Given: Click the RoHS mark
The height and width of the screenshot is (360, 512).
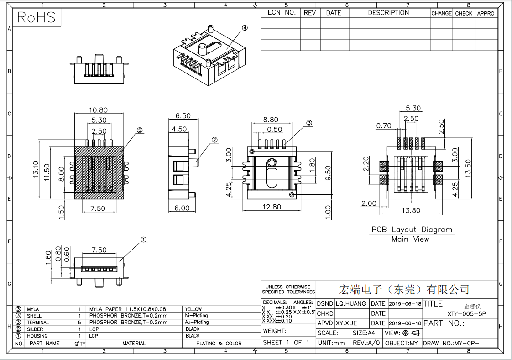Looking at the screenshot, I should tap(36, 17).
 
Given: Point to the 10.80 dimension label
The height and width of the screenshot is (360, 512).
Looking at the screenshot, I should tap(98, 110).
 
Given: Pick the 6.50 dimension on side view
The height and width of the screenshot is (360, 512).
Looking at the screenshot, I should tap(183, 116).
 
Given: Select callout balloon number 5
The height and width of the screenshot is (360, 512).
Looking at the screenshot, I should tap(140, 130).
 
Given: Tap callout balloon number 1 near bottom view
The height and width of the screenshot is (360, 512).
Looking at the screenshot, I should tap(143, 239).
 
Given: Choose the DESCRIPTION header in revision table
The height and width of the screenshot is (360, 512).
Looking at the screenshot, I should tap(389, 13).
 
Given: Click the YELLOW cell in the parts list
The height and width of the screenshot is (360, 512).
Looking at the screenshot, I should tap(193, 309).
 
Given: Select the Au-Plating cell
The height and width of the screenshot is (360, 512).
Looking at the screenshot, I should tap(197, 322).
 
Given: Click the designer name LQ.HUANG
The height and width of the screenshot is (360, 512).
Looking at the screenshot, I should tap(351, 303).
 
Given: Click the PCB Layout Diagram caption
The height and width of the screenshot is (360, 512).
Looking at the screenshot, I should tap(412, 230).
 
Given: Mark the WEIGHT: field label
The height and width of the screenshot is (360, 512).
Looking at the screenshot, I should tap(275, 331).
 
